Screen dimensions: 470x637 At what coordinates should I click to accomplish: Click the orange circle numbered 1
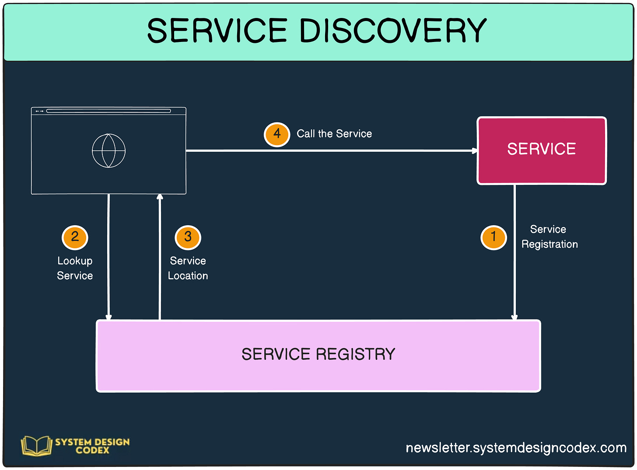(x=493, y=237)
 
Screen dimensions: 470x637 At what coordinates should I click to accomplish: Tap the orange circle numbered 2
(x=75, y=237)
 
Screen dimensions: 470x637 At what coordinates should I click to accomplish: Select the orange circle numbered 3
(x=188, y=237)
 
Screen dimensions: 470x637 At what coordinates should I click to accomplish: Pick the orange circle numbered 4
(x=277, y=134)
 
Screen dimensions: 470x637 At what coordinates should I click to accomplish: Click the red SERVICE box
(x=541, y=150)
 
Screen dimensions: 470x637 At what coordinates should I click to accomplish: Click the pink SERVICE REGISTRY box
(x=318, y=355)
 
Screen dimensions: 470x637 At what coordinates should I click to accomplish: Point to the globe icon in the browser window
(x=108, y=150)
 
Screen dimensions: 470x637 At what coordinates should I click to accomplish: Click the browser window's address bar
(x=108, y=111)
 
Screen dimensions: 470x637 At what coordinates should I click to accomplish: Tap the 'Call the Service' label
(x=334, y=134)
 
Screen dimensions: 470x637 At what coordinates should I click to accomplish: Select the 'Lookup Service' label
(x=75, y=268)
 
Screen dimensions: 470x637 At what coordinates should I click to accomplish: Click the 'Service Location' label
(x=188, y=268)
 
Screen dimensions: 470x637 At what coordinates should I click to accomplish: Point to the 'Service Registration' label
(x=549, y=237)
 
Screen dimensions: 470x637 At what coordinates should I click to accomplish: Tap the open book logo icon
(x=36, y=446)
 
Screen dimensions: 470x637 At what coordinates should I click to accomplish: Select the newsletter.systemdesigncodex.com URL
(x=516, y=448)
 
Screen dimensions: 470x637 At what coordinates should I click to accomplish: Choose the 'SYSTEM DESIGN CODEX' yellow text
(x=92, y=446)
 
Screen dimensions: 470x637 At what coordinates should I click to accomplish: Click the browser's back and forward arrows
(x=39, y=111)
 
